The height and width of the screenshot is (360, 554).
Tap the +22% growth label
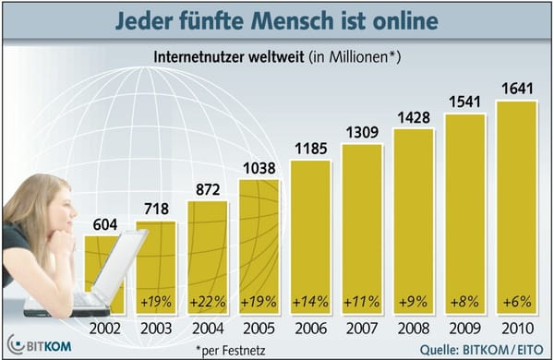pyautogui.click(x=206, y=300)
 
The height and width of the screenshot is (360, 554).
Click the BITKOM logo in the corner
pyautogui.click(x=38, y=342)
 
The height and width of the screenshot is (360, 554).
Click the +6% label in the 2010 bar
pyautogui.click(x=514, y=300)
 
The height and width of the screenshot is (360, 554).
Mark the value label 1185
pyautogui.click(x=310, y=150)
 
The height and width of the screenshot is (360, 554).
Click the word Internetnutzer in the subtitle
pyautogui.click(x=206, y=58)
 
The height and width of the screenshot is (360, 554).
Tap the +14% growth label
pyautogui.click(x=309, y=300)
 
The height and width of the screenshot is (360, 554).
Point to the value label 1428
pyautogui.click(x=413, y=119)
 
